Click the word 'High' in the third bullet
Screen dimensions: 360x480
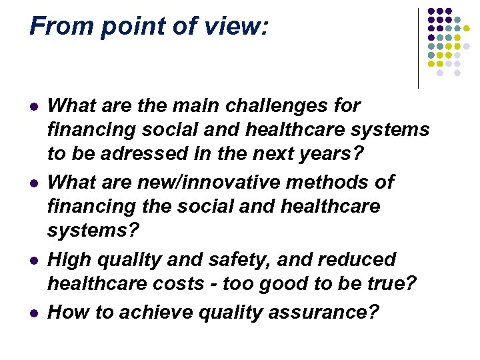click(70, 259)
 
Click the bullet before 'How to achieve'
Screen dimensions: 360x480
click(33, 313)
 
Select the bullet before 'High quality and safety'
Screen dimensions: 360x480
click(33, 260)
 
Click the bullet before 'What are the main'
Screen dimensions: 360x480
click(33, 107)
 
